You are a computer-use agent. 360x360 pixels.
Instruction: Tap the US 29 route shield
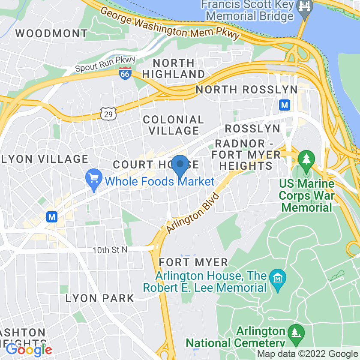coord(107,114)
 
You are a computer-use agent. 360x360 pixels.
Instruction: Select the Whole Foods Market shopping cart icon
coord(93,177)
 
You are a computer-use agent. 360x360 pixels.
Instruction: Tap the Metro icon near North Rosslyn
coord(284,105)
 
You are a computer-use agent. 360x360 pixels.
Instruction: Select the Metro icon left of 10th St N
coord(52,217)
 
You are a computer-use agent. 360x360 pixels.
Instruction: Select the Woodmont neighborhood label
coord(51,33)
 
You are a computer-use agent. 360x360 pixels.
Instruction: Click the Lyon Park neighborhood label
coord(99,298)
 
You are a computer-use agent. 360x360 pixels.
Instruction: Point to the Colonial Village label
coord(173,125)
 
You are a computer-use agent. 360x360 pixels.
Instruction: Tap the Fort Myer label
coord(193,262)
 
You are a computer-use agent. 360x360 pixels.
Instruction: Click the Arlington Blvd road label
coord(193,213)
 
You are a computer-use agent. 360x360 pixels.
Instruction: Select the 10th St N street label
coord(110,250)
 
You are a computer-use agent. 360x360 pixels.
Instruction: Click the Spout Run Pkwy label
coord(105,65)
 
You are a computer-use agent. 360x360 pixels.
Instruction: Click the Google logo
coord(29,350)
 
